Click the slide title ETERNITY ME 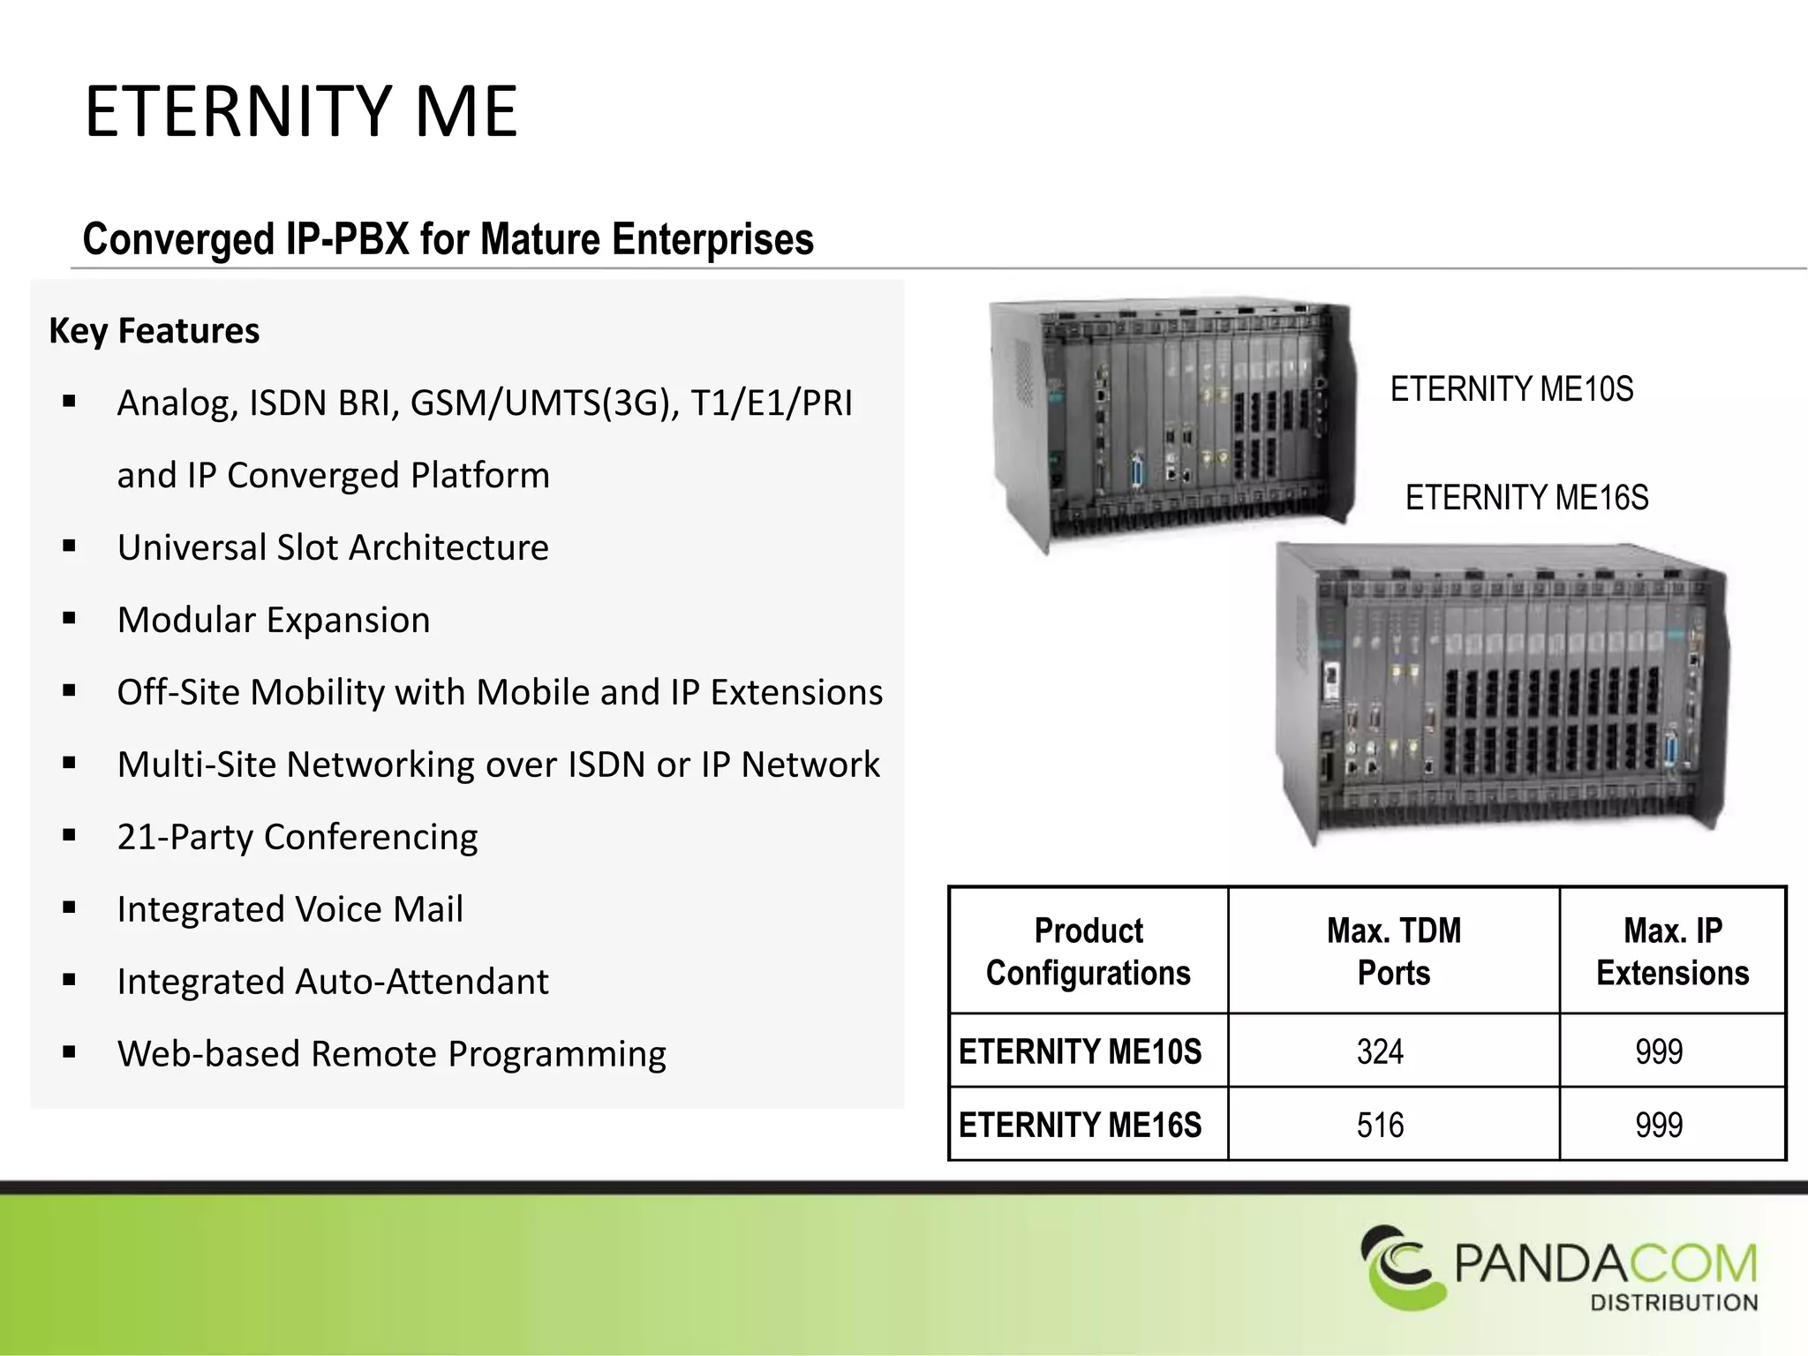tap(300, 112)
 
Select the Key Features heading tap(154, 331)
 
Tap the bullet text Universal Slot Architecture tap(333, 547)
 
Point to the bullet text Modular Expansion tap(274, 620)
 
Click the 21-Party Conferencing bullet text tap(298, 837)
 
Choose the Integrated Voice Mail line tap(290, 909)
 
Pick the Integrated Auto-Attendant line tap(333, 982)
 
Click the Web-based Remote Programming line tap(391, 1054)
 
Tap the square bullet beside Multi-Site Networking tap(70, 763)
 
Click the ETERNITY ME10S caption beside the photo tap(1511, 389)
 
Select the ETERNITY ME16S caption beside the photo tap(1526, 498)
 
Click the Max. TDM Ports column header tap(1393, 951)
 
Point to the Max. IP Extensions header tap(1672, 951)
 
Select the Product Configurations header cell tap(1088, 951)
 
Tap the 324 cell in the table tap(1380, 1051)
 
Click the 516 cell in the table tap(1380, 1125)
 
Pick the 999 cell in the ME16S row tap(1659, 1125)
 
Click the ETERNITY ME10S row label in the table tap(1080, 1051)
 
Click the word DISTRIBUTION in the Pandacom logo tap(1674, 1302)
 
